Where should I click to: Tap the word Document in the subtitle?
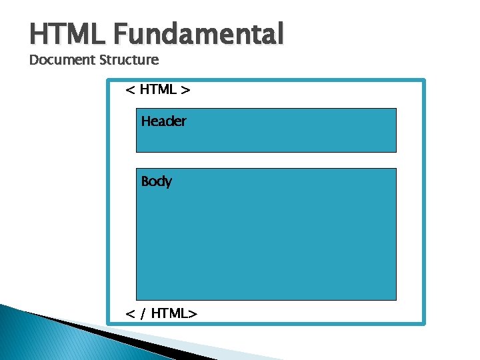[x=63, y=60]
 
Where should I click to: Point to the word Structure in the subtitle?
[x=129, y=60]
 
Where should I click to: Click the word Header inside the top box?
[x=163, y=121]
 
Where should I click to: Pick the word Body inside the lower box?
[x=156, y=181]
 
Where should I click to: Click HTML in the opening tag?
[x=159, y=89]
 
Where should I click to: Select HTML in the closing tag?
[x=170, y=313]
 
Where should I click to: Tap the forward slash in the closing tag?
[x=143, y=313]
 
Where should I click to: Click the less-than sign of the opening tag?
[x=130, y=89]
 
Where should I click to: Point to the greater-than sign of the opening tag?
[x=186, y=89]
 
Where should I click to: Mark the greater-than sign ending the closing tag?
[x=193, y=313]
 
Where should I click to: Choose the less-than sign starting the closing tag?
[x=130, y=313]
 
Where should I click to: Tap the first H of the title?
[x=38, y=33]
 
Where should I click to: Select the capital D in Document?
[x=34, y=60]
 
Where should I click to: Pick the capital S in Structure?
[x=103, y=60]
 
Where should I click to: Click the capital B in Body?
[x=145, y=181]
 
